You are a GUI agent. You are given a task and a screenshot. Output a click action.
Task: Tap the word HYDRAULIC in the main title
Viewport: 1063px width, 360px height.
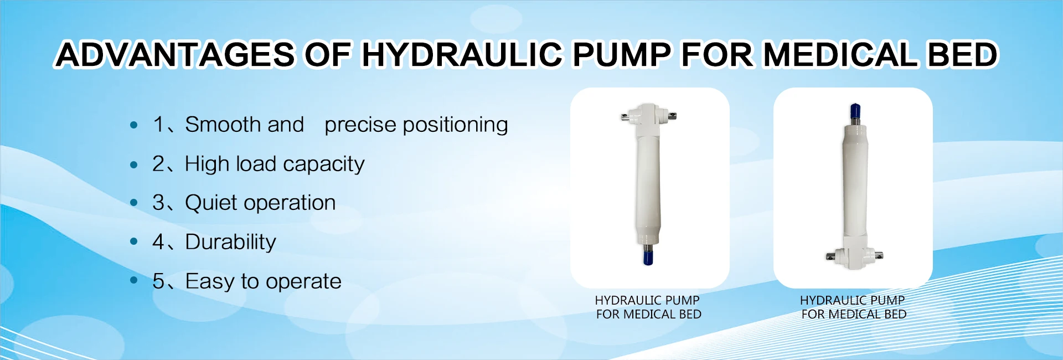tap(462, 54)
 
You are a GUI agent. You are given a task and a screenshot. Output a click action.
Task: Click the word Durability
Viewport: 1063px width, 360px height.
tap(230, 242)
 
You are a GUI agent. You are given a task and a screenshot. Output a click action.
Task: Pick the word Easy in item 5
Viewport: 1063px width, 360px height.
tap(210, 281)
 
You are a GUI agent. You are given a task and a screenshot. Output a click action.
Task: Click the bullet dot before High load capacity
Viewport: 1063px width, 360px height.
tap(133, 164)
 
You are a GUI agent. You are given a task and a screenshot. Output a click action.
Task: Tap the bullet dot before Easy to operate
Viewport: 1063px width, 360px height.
tap(133, 281)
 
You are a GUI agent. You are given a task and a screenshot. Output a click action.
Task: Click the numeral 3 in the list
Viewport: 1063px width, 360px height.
tap(158, 203)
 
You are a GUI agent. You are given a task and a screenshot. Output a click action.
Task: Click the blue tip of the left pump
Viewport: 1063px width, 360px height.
tap(648, 258)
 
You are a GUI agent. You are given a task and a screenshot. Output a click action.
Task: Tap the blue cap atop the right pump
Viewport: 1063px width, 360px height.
tap(855, 109)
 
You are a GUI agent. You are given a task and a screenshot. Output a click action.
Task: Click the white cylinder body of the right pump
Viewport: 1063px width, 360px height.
tap(855, 183)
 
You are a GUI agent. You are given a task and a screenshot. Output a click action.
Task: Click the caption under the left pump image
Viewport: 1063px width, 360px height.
tap(648, 307)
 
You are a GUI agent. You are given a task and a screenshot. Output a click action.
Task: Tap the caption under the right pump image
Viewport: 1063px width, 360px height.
tap(853, 307)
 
